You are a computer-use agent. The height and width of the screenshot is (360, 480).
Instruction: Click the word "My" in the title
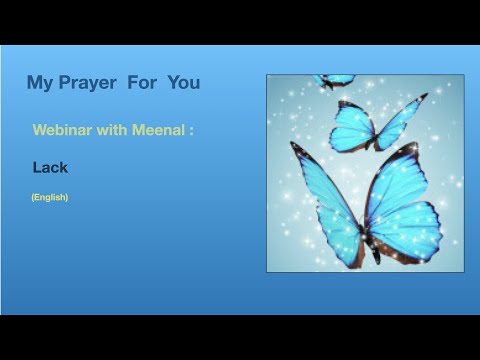tap(40, 83)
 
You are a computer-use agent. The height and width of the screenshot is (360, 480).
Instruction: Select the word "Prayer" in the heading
tap(90, 83)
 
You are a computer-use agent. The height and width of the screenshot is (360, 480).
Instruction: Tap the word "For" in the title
tap(148, 83)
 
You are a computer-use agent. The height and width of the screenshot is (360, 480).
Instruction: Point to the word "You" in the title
tap(184, 83)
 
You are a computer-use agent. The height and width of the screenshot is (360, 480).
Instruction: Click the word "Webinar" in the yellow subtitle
tap(63, 131)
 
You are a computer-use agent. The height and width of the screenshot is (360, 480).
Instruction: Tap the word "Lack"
tap(50, 168)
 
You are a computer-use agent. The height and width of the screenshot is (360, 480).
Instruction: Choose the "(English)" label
tap(50, 197)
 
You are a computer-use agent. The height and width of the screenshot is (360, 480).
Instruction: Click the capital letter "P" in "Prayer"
tap(66, 83)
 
